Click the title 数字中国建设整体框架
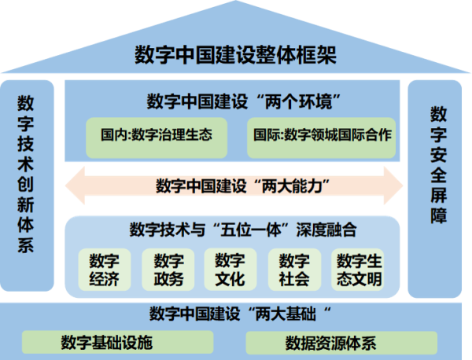[x=235, y=55]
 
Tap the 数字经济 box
[x=105, y=270]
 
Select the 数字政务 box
[x=168, y=270]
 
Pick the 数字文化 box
[x=230, y=270]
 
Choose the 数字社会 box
[x=293, y=270]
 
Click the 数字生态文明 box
[x=357, y=270]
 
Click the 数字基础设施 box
[x=116, y=342]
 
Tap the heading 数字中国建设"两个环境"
[x=236, y=101]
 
